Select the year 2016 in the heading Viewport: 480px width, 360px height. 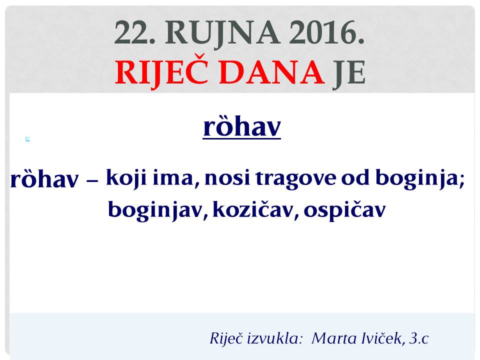pyautogui.click(x=327, y=32)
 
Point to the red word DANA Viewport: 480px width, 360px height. pyautogui.click(x=272, y=72)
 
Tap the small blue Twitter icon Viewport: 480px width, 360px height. pyautogui.click(x=27, y=138)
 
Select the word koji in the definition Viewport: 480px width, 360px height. pyautogui.click(x=126, y=178)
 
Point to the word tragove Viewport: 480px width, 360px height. pyautogui.click(x=295, y=179)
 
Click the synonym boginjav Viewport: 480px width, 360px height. pyautogui.click(x=155, y=210)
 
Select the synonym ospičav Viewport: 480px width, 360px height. pyautogui.click(x=344, y=210)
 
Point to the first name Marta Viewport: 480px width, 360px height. pyautogui.click(x=334, y=338)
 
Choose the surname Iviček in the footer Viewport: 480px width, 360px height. pyautogui.click(x=381, y=338)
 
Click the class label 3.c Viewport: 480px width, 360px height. pyautogui.click(x=419, y=338)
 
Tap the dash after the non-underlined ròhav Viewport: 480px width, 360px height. pyautogui.click(x=92, y=181)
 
